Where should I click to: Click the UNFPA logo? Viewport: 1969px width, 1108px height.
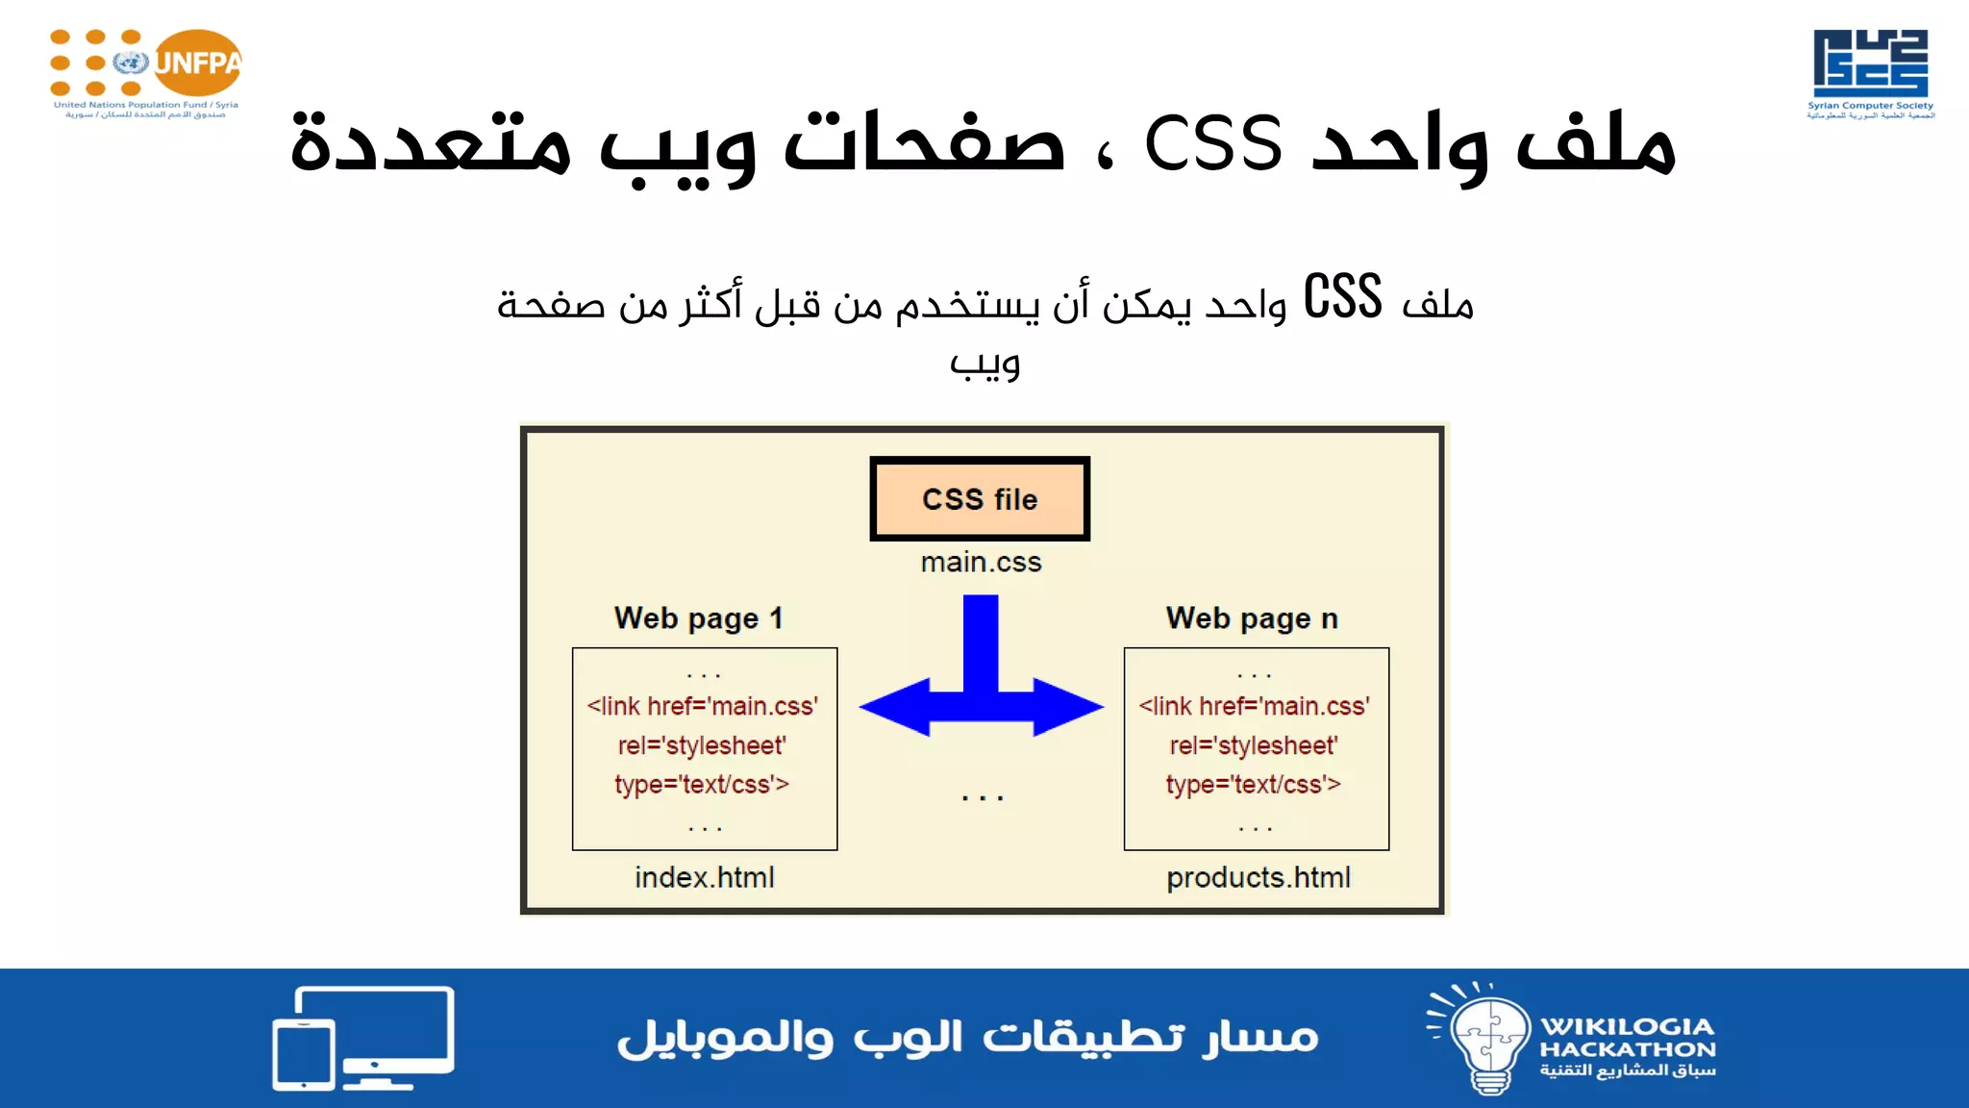click(x=146, y=72)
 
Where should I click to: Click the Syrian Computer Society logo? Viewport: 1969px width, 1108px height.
click(x=1870, y=72)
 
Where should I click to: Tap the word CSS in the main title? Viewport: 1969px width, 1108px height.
click(x=1213, y=144)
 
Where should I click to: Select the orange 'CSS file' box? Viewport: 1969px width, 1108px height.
click(x=980, y=498)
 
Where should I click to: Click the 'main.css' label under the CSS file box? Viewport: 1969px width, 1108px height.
click(x=981, y=562)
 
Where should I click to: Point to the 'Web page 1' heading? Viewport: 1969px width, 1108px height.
click(x=699, y=617)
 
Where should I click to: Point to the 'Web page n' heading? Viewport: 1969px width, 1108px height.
click(x=1252, y=617)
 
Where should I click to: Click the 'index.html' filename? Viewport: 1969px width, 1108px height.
click(x=705, y=877)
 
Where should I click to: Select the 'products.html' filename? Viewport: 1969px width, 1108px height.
click(x=1258, y=877)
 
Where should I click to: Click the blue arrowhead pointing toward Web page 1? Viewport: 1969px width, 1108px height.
click(x=894, y=707)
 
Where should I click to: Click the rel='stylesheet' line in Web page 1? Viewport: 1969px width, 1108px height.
click(x=702, y=745)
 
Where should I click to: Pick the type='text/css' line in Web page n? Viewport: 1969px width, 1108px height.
click(x=1253, y=785)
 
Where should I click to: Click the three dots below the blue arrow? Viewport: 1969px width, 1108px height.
click(x=982, y=797)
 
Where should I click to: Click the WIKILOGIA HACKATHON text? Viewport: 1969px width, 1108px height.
click(x=1628, y=1038)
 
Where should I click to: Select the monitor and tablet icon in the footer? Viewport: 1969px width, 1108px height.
click(x=363, y=1038)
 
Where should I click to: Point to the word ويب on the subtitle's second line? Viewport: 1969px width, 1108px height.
click(x=984, y=364)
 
